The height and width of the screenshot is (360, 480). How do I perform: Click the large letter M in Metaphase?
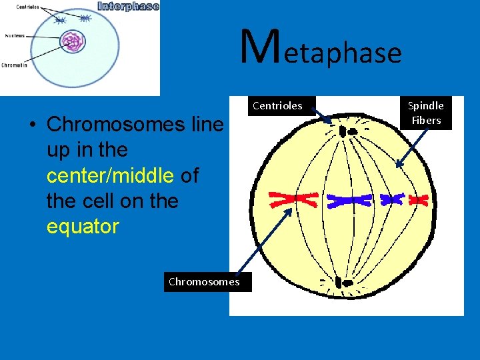pos(257,48)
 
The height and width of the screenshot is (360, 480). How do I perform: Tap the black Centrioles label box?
pos(277,105)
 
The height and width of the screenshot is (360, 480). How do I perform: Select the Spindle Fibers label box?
pos(426,113)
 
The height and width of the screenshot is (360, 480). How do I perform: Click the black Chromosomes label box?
pos(204,281)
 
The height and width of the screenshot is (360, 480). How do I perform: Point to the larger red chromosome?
pos(293,199)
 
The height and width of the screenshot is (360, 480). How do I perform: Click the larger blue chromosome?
pos(349,199)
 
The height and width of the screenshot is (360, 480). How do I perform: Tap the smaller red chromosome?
pos(418,199)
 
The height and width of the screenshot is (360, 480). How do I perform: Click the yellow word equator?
pos(83,227)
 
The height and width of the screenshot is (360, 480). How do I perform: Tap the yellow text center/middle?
pos(110,175)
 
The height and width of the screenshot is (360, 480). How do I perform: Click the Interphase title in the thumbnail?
pos(128,7)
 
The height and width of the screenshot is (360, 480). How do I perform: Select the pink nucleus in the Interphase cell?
pos(73,43)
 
